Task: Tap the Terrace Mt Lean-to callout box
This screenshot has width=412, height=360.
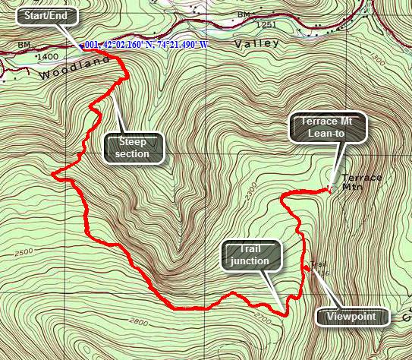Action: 328,127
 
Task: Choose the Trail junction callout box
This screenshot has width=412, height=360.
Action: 251,255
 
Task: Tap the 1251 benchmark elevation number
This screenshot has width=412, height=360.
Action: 265,25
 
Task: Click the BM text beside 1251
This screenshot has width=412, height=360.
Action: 243,15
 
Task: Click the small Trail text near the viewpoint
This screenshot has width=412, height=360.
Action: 316,264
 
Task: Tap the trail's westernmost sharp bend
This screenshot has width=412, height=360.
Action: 53,175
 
